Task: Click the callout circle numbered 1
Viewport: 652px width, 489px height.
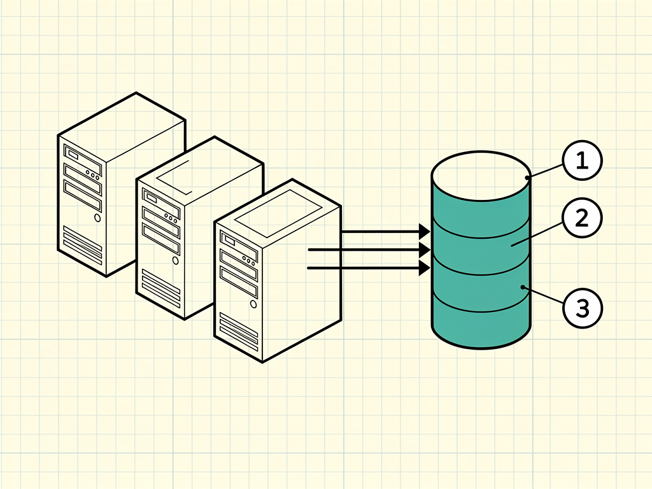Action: pos(582,160)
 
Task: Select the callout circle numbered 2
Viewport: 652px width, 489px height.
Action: pos(582,218)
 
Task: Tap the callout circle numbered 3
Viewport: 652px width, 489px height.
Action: pos(582,308)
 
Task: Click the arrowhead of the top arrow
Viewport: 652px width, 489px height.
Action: pos(424,232)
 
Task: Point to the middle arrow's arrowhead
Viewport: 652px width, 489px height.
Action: pos(424,250)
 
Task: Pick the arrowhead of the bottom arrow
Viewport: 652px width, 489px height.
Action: pos(424,268)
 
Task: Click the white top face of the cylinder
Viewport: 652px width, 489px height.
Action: pos(481,176)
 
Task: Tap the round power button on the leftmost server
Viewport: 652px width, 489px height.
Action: pos(97,218)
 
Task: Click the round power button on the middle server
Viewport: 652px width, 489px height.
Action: pos(176,260)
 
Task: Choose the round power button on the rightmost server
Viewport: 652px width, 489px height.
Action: pos(253,304)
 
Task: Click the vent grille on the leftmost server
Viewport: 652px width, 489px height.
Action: pos(82,245)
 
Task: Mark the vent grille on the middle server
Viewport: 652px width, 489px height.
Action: pos(160,288)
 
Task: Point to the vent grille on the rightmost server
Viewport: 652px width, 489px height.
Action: pos(239,332)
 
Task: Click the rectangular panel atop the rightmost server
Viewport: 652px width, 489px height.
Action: pos(279,213)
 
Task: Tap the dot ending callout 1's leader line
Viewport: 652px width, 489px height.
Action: pos(528,178)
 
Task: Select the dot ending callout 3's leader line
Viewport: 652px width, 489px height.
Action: pos(523,287)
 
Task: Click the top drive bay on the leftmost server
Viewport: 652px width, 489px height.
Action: pos(82,160)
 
